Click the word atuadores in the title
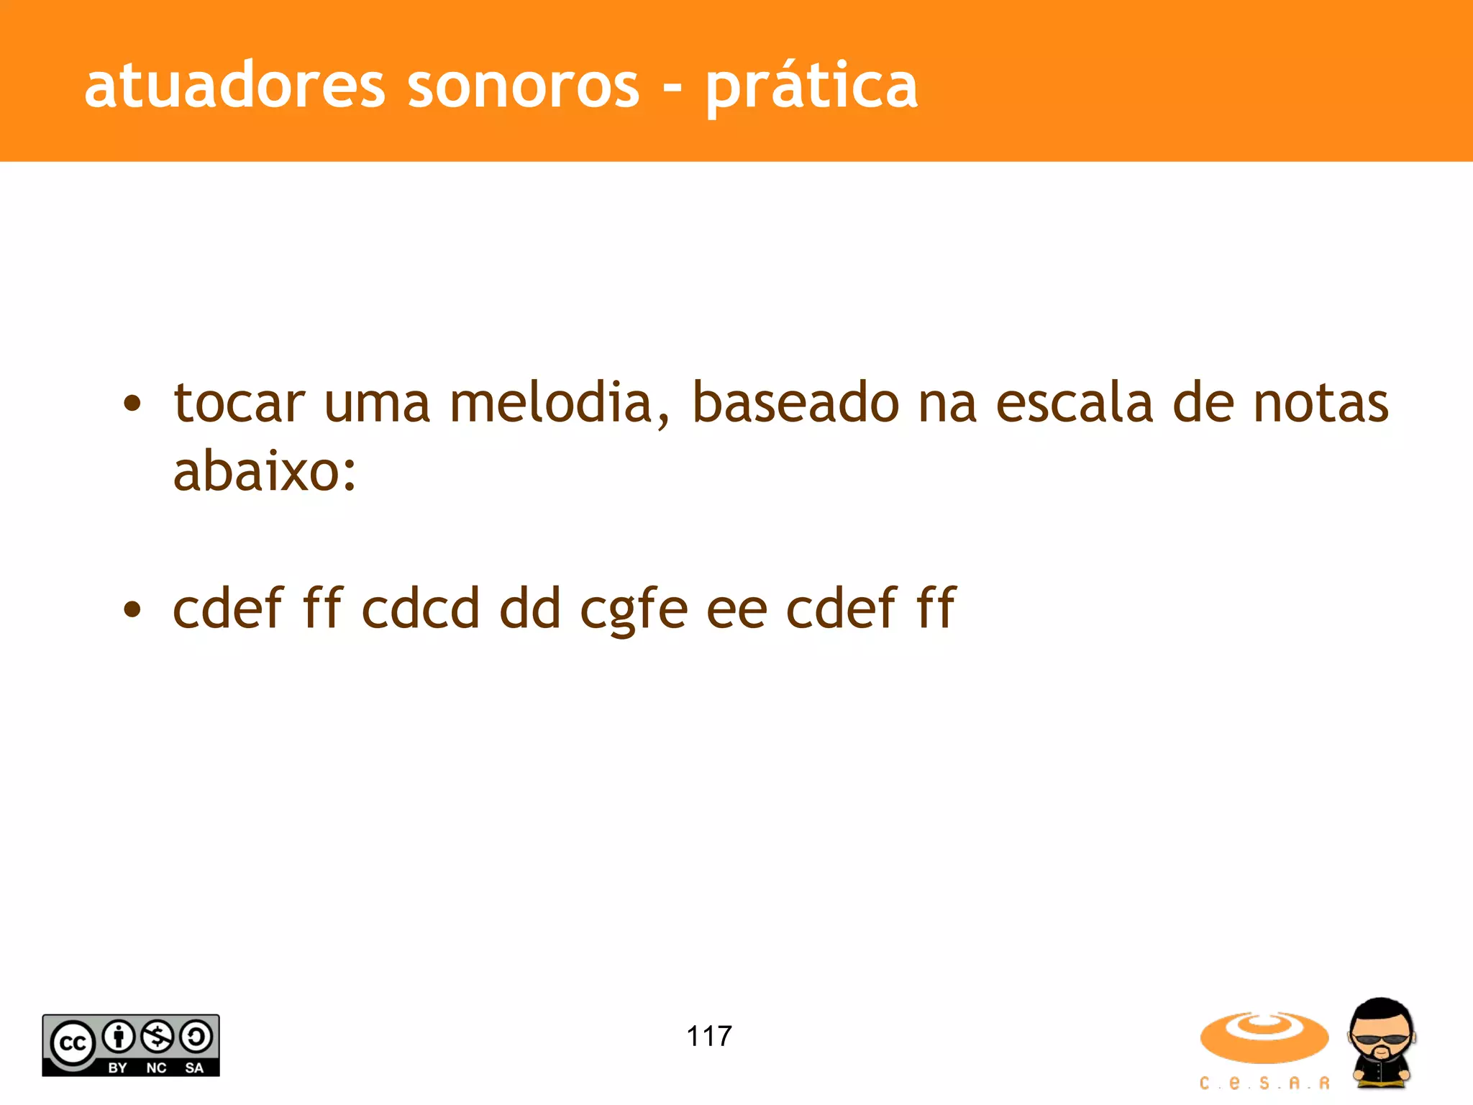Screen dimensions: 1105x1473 235,86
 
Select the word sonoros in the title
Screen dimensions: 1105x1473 523,86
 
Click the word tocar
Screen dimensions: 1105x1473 240,403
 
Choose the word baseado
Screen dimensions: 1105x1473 795,403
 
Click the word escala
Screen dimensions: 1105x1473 1075,403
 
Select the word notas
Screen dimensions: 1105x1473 1321,403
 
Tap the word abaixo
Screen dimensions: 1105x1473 264,472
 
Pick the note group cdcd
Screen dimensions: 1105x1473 421,609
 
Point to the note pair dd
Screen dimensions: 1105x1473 530,609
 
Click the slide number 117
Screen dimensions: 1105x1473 709,1036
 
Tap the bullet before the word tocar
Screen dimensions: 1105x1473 132,404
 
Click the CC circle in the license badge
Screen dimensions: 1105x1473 72,1042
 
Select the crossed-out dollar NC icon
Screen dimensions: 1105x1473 158,1037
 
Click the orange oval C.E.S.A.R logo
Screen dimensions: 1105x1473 1264,1037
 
